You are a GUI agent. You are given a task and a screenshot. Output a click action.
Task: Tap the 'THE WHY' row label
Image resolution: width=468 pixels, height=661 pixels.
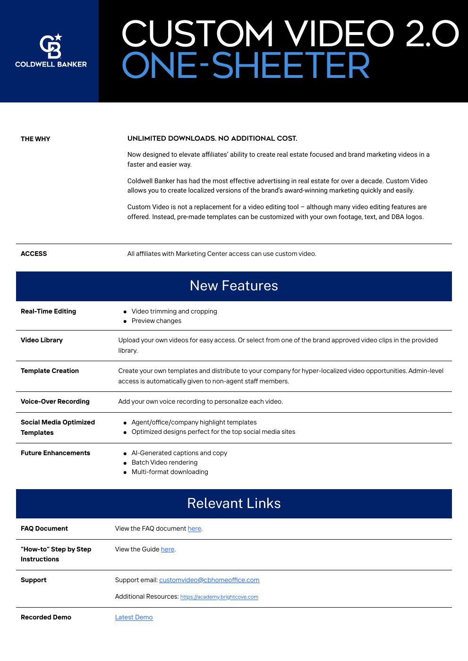tap(35, 139)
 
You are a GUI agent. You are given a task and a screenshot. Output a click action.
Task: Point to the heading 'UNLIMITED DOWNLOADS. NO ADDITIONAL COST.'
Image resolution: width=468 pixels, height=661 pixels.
tap(212, 138)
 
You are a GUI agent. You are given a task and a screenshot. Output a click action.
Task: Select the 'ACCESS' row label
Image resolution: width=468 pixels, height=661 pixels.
tap(34, 254)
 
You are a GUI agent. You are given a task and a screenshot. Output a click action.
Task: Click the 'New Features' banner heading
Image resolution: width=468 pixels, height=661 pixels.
tap(234, 286)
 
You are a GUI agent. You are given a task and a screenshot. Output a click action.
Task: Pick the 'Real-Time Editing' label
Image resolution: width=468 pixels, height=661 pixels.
tap(48, 311)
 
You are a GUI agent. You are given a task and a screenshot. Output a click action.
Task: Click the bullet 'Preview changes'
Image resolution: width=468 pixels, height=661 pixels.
tap(156, 321)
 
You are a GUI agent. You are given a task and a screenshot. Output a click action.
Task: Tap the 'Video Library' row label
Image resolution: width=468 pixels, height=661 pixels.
tap(42, 340)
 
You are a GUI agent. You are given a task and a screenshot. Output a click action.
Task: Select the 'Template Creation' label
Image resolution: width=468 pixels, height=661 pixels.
tap(50, 371)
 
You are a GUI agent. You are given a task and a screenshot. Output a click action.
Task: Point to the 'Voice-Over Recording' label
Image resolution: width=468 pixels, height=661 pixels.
tap(55, 401)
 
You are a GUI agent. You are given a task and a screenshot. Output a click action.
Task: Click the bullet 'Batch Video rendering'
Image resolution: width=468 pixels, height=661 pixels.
tap(164, 463)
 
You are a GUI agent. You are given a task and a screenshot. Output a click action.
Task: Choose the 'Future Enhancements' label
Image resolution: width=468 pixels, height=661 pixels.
tap(55, 453)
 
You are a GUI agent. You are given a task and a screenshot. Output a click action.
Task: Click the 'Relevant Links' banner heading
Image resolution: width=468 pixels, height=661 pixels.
tap(234, 503)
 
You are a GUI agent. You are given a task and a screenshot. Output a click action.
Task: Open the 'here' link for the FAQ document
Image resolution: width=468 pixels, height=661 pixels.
tap(195, 529)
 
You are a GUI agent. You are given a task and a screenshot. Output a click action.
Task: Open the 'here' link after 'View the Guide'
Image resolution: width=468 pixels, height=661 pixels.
tap(168, 550)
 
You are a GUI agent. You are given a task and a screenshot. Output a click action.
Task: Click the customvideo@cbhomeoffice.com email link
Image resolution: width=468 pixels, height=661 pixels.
tap(209, 580)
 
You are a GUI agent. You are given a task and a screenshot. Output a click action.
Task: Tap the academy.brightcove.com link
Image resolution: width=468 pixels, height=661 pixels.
tap(219, 597)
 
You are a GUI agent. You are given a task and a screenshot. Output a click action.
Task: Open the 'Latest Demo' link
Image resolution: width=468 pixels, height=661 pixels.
tap(134, 618)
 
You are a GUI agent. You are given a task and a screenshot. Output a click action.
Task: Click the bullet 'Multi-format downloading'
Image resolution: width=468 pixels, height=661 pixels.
tap(170, 472)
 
